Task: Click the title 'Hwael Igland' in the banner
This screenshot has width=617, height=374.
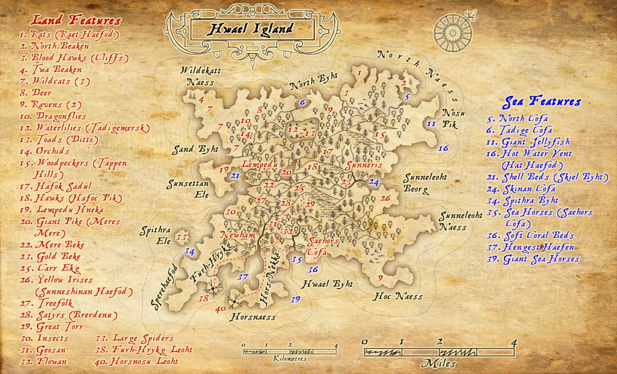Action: click(x=250, y=29)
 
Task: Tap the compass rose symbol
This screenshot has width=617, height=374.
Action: click(x=453, y=32)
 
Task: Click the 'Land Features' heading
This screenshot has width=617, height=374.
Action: click(x=75, y=20)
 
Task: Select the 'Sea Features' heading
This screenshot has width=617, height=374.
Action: click(x=541, y=102)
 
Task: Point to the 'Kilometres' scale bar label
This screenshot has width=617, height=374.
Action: click(x=289, y=359)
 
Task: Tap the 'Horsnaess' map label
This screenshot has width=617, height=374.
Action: click(x=252, y=317)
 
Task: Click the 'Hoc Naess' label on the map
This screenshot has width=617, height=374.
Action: click(x=397, y=296)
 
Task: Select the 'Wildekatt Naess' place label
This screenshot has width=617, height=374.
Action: click(x=201, y=77)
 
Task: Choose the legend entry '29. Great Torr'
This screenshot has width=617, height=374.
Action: click(x=52, y=326)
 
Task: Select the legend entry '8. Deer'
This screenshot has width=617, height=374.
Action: click(x=35, y=93)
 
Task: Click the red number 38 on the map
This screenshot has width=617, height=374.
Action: click(x=203, y=299)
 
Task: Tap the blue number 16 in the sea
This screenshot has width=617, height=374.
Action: click(x=443, y=148)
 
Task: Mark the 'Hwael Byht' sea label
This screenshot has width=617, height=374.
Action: click(x=327, y=284)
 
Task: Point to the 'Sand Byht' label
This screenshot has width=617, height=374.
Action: click(x=196, y=149)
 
